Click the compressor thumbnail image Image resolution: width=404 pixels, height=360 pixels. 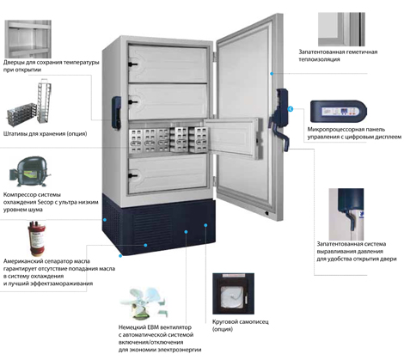(30, 171)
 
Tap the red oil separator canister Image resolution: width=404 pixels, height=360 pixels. (37, 238)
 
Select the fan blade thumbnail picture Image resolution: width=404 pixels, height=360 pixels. (144, 303)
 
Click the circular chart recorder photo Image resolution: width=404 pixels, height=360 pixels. (233, 294)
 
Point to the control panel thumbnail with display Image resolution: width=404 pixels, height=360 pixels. (339, 112)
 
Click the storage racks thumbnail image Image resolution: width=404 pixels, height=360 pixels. (29, 106)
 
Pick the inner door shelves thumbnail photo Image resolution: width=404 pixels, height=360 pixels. (28, 39)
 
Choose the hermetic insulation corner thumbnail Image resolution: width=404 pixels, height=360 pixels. (341, 29)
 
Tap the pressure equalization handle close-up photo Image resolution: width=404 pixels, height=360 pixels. (346, 214)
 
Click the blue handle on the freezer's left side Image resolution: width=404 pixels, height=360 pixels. (116, 113)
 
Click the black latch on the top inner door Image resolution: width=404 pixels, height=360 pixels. (132, 64)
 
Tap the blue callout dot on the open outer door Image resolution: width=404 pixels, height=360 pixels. (272, 74)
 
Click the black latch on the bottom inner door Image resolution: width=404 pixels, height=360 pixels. (132, 176)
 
